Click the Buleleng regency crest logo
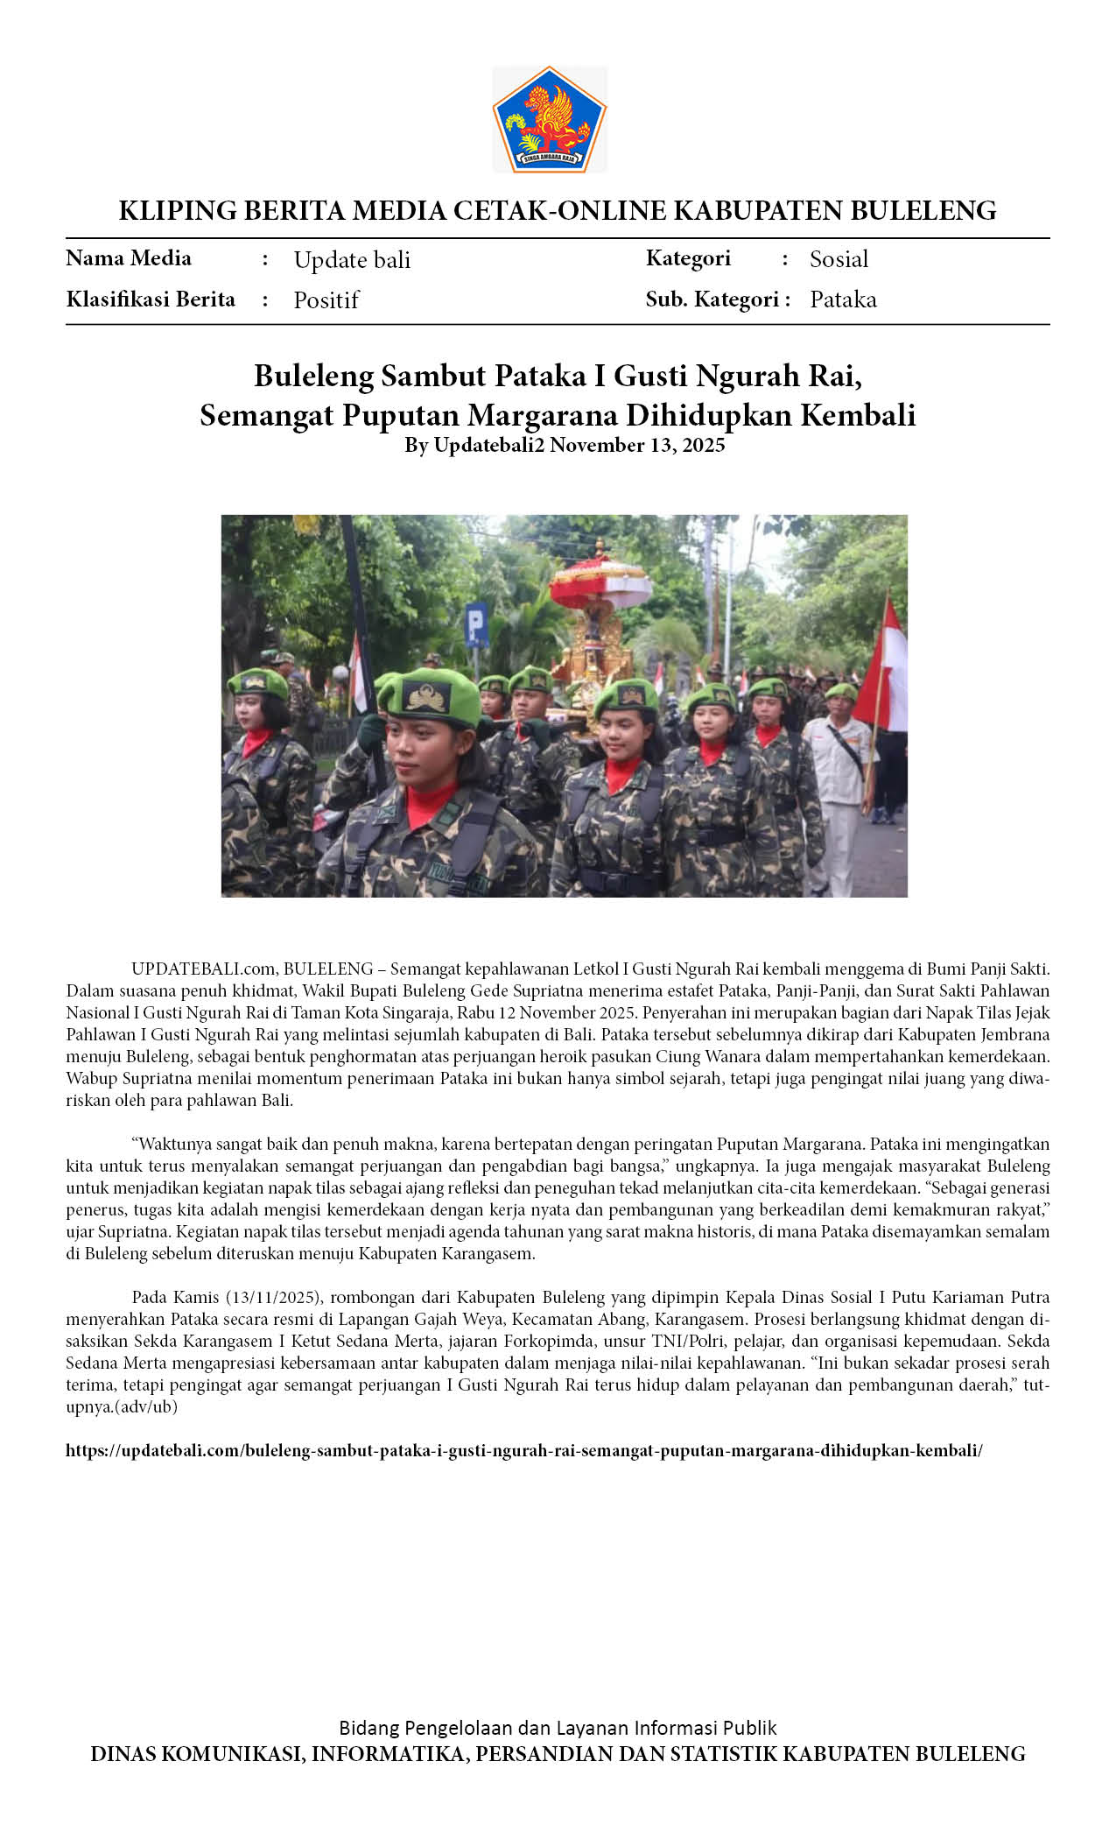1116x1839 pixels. click(549, 119)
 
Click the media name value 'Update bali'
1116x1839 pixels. click(352, 260)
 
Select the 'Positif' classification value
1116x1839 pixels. click(326, 300)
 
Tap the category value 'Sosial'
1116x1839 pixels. click(839, 259)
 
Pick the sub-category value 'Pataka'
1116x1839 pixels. click(843, 299)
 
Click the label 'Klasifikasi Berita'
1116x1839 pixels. click(151, 299)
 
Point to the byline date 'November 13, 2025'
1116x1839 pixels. click(637, 445)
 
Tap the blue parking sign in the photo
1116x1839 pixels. click(476, 624)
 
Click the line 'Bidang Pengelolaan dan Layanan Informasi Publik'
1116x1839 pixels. click(558, 1728)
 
